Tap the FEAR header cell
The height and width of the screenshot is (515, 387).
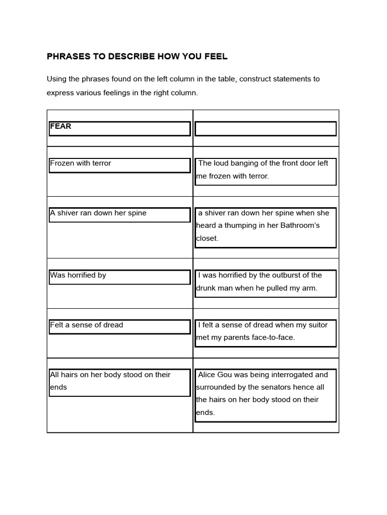point(60,127)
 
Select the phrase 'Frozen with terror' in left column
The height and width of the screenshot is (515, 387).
point(81,163)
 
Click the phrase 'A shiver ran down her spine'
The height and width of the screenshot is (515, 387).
point(98,213)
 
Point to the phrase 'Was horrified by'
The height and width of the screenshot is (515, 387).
point(78,276)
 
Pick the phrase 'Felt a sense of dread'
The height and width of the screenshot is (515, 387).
point(87,325)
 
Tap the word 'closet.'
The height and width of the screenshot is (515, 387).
point(207,238)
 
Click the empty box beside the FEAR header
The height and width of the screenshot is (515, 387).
point(266,129)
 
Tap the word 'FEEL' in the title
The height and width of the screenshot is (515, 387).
point(216,57)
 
